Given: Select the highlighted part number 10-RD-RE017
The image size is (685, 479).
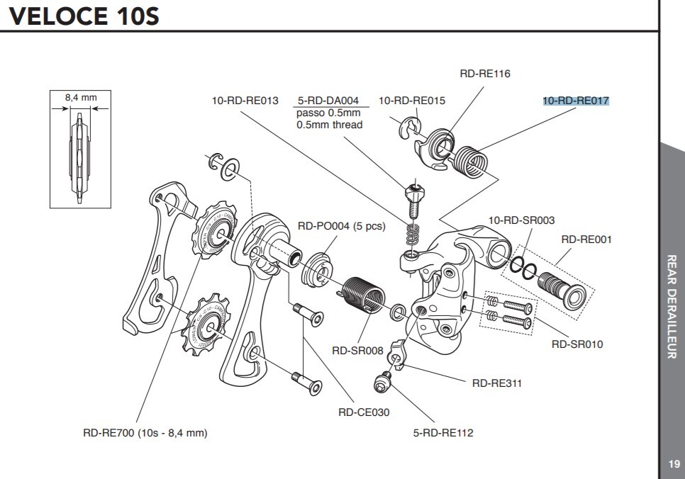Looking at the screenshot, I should tap(576, 101).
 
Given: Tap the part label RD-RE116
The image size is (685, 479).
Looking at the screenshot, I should tap(485, 74).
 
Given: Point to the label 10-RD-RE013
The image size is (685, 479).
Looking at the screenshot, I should tap(245, 101).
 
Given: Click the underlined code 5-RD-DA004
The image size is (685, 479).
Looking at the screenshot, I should tap(328, 101).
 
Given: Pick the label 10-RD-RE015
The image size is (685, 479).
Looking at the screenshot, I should tap(412, 101).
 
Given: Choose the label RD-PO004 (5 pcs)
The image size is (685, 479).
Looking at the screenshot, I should tap(341, 226).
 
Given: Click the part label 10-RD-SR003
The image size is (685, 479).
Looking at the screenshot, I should tap(522, 220).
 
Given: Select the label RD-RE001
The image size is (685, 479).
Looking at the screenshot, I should tap(586, 239).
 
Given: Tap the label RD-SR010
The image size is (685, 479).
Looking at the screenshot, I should tap(577, 344).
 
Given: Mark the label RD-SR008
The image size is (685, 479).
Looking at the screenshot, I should tap(357, 350).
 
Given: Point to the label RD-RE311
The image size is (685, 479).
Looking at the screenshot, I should tap(497, 383).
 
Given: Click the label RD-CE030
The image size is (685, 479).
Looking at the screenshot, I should tap(364, 412).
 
